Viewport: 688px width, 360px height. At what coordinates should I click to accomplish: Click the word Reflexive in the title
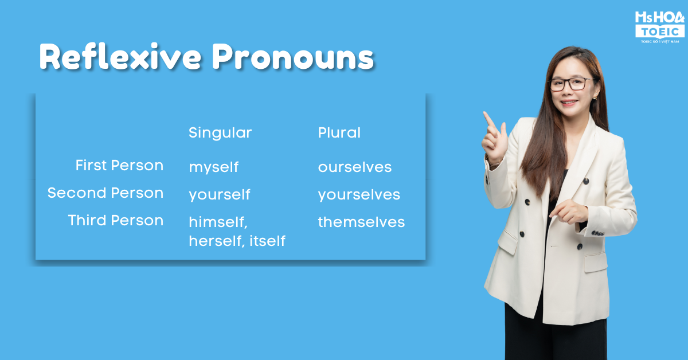[120, 57]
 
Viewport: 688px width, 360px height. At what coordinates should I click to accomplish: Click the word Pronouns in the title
[294, 57]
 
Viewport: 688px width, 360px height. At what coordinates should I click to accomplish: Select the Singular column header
[220, 133]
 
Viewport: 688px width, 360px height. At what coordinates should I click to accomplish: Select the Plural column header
[339, 132]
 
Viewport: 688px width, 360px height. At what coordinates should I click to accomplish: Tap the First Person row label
[119, 165]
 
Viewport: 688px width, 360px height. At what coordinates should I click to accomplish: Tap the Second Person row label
[105, 193]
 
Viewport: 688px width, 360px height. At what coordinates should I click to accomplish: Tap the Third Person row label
[115, 220]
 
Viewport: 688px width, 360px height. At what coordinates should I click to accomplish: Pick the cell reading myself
[214, 167]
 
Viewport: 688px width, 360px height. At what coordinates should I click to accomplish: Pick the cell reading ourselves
[355, 167]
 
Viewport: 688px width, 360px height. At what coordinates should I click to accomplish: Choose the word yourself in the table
[220, 195]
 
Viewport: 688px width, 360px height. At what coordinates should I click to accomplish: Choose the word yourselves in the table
[359, 195]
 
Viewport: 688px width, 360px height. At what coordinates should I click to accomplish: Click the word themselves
[362, 222]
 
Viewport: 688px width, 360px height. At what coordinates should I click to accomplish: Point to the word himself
[217, 222]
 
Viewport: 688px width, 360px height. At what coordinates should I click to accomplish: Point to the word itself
[268, 241]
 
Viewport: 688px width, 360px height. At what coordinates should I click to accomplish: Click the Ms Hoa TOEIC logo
[659, 27]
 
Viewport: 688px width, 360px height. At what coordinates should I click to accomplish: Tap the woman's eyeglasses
[570, 84]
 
